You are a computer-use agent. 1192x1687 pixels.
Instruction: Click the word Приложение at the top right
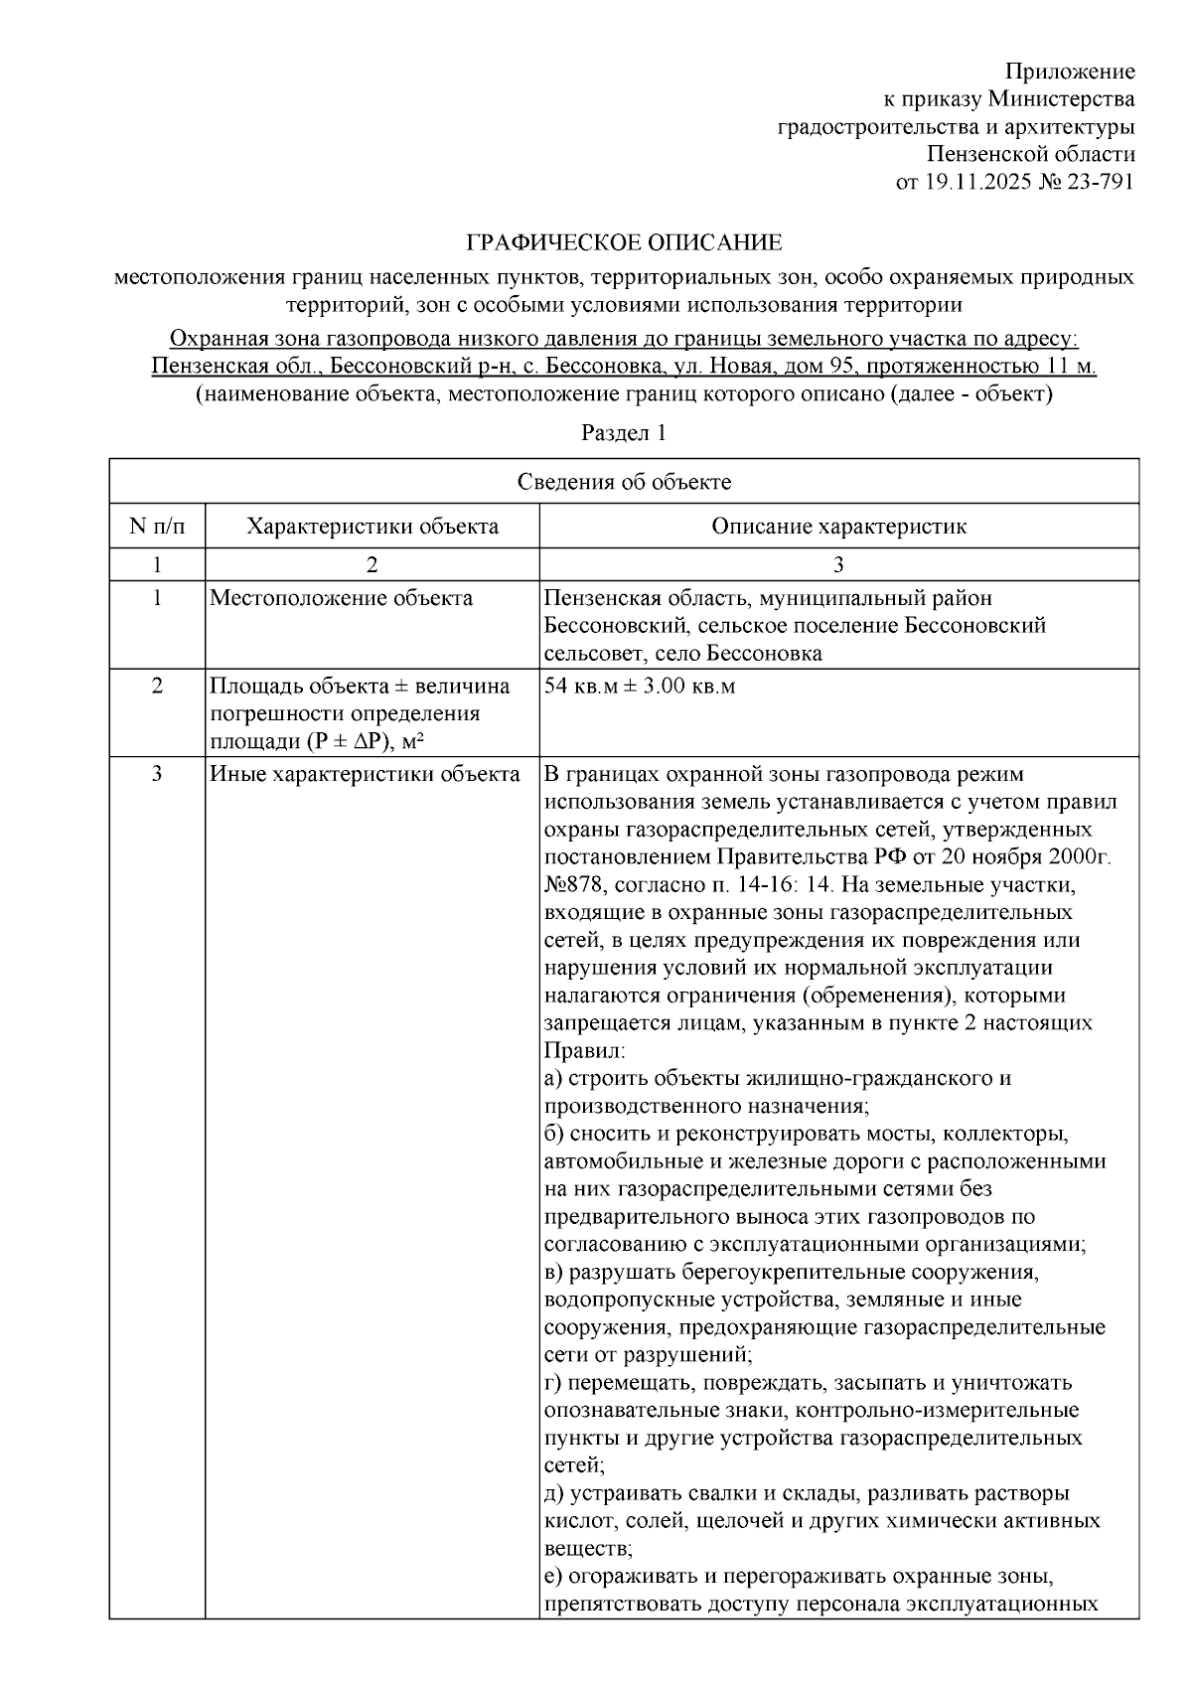1069,72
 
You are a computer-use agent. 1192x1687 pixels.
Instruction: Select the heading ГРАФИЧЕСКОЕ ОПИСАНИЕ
624,243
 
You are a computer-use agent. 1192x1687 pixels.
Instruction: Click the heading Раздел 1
624,433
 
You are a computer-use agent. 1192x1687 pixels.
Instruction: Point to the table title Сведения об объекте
624,483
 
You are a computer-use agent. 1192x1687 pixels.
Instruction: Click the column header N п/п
157,526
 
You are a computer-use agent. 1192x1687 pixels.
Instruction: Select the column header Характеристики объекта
372,526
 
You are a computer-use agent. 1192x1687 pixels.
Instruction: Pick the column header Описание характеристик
838,526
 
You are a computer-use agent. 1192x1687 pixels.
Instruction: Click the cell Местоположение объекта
341,598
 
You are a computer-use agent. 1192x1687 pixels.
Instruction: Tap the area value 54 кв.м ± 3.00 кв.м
640,686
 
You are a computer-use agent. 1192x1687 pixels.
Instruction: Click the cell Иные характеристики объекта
365,774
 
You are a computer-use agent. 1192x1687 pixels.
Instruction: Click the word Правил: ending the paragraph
584,1050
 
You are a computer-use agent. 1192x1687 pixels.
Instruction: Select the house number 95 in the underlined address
843,366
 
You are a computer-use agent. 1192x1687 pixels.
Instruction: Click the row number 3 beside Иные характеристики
157,774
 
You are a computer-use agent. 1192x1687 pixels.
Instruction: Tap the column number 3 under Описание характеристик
838,564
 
